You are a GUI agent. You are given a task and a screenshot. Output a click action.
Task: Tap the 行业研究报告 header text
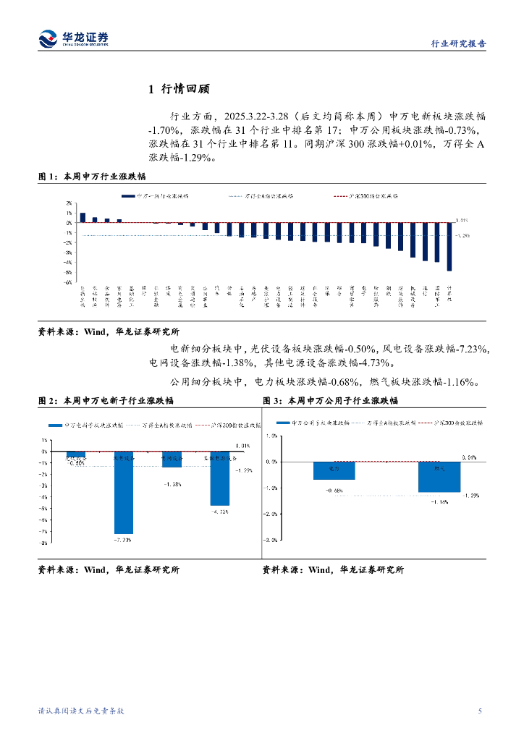[459, 43]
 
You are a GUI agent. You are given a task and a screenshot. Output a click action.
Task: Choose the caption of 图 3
[330, 400]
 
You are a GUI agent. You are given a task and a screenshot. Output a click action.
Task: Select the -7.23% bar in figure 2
[124, 492]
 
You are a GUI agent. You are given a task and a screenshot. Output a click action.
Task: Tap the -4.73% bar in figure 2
[220, 478]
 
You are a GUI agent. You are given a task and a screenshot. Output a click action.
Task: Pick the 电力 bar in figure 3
[334, 470]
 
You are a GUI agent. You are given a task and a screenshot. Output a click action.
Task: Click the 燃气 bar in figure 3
[439, 476]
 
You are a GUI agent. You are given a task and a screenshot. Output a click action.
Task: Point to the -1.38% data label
[172, 484]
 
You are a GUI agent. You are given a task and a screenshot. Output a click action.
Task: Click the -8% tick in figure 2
[44, 543]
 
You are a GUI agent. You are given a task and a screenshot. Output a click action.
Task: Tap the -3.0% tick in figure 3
[272, 540]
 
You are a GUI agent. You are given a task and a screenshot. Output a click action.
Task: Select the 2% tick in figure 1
[68, 203]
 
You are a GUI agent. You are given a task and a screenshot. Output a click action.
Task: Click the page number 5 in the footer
[480, 711]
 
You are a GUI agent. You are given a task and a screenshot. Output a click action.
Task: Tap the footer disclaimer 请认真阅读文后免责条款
[81, 711]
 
